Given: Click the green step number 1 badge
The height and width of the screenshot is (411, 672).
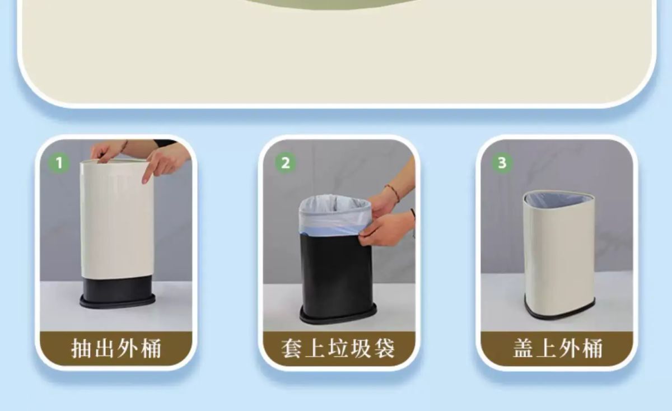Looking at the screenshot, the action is tap(59, 163).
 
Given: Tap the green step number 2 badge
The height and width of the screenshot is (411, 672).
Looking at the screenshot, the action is tap(285, 163).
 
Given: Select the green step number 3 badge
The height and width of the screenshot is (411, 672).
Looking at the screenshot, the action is tap(502, 163).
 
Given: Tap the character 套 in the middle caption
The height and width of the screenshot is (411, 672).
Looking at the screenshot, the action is tap(292, 348).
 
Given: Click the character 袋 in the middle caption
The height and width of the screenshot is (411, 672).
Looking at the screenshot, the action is tap(384, 348).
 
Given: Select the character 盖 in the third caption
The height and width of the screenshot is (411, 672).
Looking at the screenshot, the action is tap(523, 348).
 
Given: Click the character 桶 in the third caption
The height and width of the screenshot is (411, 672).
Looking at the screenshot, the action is tap(592, 348).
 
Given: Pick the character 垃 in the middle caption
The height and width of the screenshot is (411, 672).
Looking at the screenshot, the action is tap(338, 348).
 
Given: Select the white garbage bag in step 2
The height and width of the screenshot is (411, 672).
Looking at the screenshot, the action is tap(334, 214).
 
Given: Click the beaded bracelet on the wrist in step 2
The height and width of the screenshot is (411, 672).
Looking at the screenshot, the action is tap(393, 193).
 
